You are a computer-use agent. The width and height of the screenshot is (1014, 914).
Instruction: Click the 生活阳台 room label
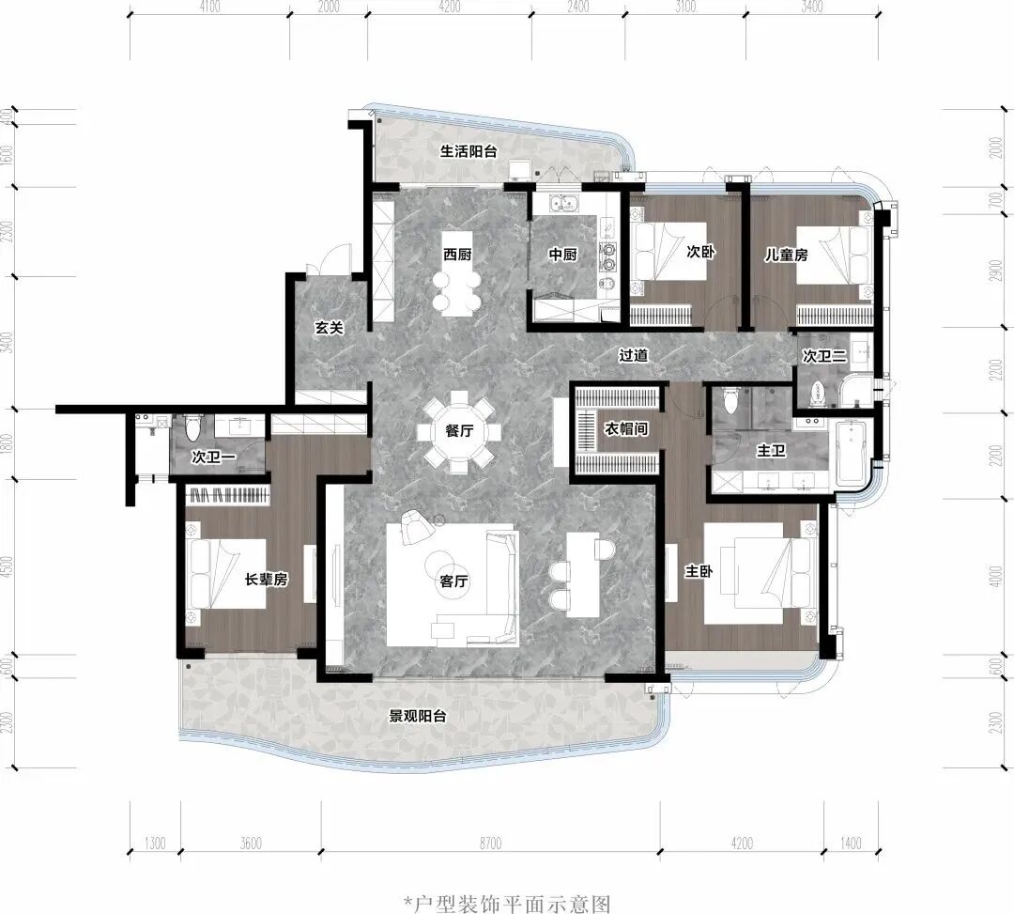(x=469, y=151)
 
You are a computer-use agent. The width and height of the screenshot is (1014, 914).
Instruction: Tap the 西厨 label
(x=457, y=255)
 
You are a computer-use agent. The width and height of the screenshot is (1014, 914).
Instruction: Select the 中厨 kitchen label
(x=562, y=255)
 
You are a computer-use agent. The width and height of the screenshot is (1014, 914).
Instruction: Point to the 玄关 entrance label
(x=329, y=328)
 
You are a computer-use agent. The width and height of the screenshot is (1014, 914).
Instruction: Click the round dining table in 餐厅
(x=459, y=431)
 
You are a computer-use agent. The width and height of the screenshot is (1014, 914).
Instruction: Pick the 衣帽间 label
(x=625, y=428)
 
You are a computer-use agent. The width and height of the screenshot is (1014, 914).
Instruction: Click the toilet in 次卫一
(x=192, y=426)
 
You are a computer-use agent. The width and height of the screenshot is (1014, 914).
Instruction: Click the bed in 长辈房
(x=226, y=574)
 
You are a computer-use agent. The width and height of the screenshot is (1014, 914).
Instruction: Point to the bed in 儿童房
(x=832, y=255)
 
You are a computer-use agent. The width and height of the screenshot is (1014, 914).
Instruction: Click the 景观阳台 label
(x=417, y=716)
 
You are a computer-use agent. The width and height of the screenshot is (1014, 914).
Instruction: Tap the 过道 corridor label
(x=633, y=355)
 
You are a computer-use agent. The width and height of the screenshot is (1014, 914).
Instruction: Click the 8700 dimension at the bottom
(x=490, y=843)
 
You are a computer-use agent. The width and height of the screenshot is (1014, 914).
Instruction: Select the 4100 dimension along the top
(x=209, y=7)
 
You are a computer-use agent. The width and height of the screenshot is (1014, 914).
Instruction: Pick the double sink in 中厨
(x=564, y=203)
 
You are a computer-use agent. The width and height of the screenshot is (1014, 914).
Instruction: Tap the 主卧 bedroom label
(x=699, y=571)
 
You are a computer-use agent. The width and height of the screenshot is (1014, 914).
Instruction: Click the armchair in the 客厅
(x=417, y=527)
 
